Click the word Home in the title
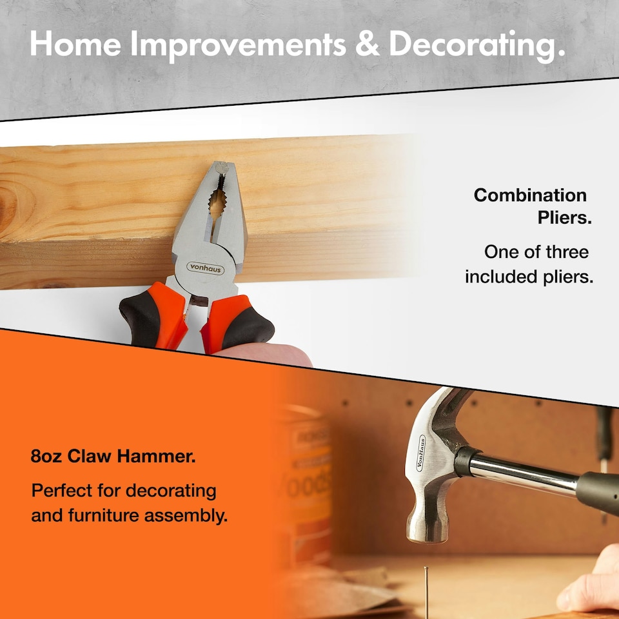[74, 44]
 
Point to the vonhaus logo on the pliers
[205, 268]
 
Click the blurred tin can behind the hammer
[303, 477]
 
